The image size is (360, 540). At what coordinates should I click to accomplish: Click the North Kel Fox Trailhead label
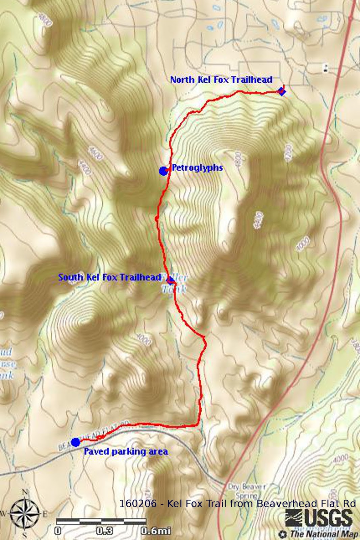coord(221,80)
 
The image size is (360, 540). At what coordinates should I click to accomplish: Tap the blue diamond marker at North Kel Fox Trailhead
coord(281,91)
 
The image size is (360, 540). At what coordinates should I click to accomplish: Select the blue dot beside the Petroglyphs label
coord(163,171)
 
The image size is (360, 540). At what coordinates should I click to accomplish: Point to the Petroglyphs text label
coord(197,167)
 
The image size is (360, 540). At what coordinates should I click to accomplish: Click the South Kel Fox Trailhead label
coord(109,277)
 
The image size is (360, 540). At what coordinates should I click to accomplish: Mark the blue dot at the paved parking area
coord(76,442)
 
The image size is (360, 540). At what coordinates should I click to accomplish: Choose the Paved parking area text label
coord(126,452)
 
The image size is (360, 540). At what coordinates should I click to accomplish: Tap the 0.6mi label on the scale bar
coord(156,531)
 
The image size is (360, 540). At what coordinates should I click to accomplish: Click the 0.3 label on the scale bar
coord(104,531)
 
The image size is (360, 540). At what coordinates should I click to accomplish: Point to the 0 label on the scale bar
coord(58,531)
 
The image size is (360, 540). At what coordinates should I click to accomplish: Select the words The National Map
coord(323,534)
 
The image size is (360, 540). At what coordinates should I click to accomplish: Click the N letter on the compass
coord(25,492)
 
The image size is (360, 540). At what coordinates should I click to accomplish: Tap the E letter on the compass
coord(45,514)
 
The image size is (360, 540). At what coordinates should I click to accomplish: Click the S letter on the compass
coord(25,535)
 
